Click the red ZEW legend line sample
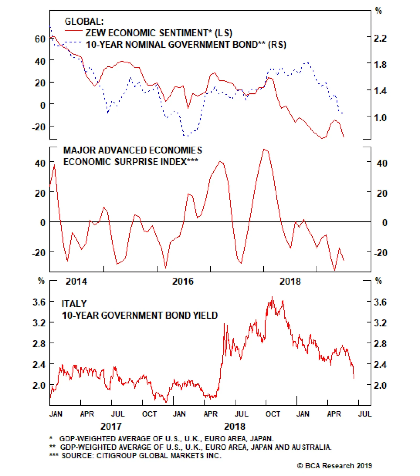tap(73, 31)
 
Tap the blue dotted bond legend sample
tap(73, 42)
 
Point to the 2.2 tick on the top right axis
tap(380, 38)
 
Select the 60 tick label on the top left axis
tap(40, 39)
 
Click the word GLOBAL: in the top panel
tap(84, 22)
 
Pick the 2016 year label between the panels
tap(183, 281)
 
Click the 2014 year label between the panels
tap(76, 281)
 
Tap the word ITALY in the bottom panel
tap(74, 304)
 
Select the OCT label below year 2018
tap(273, 414)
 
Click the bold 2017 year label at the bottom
tap(111, 426)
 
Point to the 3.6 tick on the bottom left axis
tap(39, 302)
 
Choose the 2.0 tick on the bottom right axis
tap(380, 385)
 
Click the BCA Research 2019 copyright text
tap(334, 466)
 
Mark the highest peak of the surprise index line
tap(265, 149)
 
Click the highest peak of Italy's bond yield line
tap(272, 297)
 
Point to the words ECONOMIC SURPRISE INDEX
tap(130, 162)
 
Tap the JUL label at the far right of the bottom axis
tap(365, 414)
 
